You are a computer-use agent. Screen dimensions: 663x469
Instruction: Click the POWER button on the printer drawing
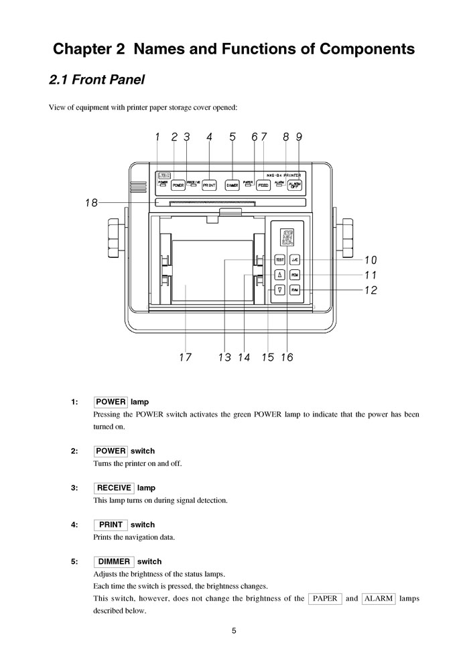[178, 184]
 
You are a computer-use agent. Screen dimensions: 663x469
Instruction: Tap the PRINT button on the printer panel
[209, 184]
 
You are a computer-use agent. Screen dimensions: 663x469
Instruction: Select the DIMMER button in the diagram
[232, 184]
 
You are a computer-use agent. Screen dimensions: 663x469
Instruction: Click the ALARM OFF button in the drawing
[294, 184]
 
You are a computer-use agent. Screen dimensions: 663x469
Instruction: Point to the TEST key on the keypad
[280, 260]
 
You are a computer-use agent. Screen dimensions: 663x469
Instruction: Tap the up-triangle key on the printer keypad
[280, 275]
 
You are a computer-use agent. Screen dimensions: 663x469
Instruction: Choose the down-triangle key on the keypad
[280, 290]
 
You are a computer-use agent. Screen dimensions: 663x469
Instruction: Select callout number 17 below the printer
[185, 358]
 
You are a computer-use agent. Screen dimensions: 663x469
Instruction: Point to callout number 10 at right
[370, 261]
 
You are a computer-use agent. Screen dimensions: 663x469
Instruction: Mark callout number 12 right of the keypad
[370, 291]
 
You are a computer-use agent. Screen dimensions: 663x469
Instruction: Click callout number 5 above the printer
[232, 137]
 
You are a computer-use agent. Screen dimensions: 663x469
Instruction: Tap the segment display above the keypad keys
[287, 237]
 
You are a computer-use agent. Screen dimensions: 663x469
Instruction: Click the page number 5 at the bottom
[234, 630]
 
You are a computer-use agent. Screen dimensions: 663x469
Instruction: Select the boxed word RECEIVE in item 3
[114, 488]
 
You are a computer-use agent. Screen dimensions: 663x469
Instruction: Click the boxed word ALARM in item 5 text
[379, 598]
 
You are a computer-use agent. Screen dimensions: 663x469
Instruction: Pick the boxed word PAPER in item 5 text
[325, 598]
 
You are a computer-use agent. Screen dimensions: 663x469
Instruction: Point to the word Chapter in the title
[84, 49]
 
